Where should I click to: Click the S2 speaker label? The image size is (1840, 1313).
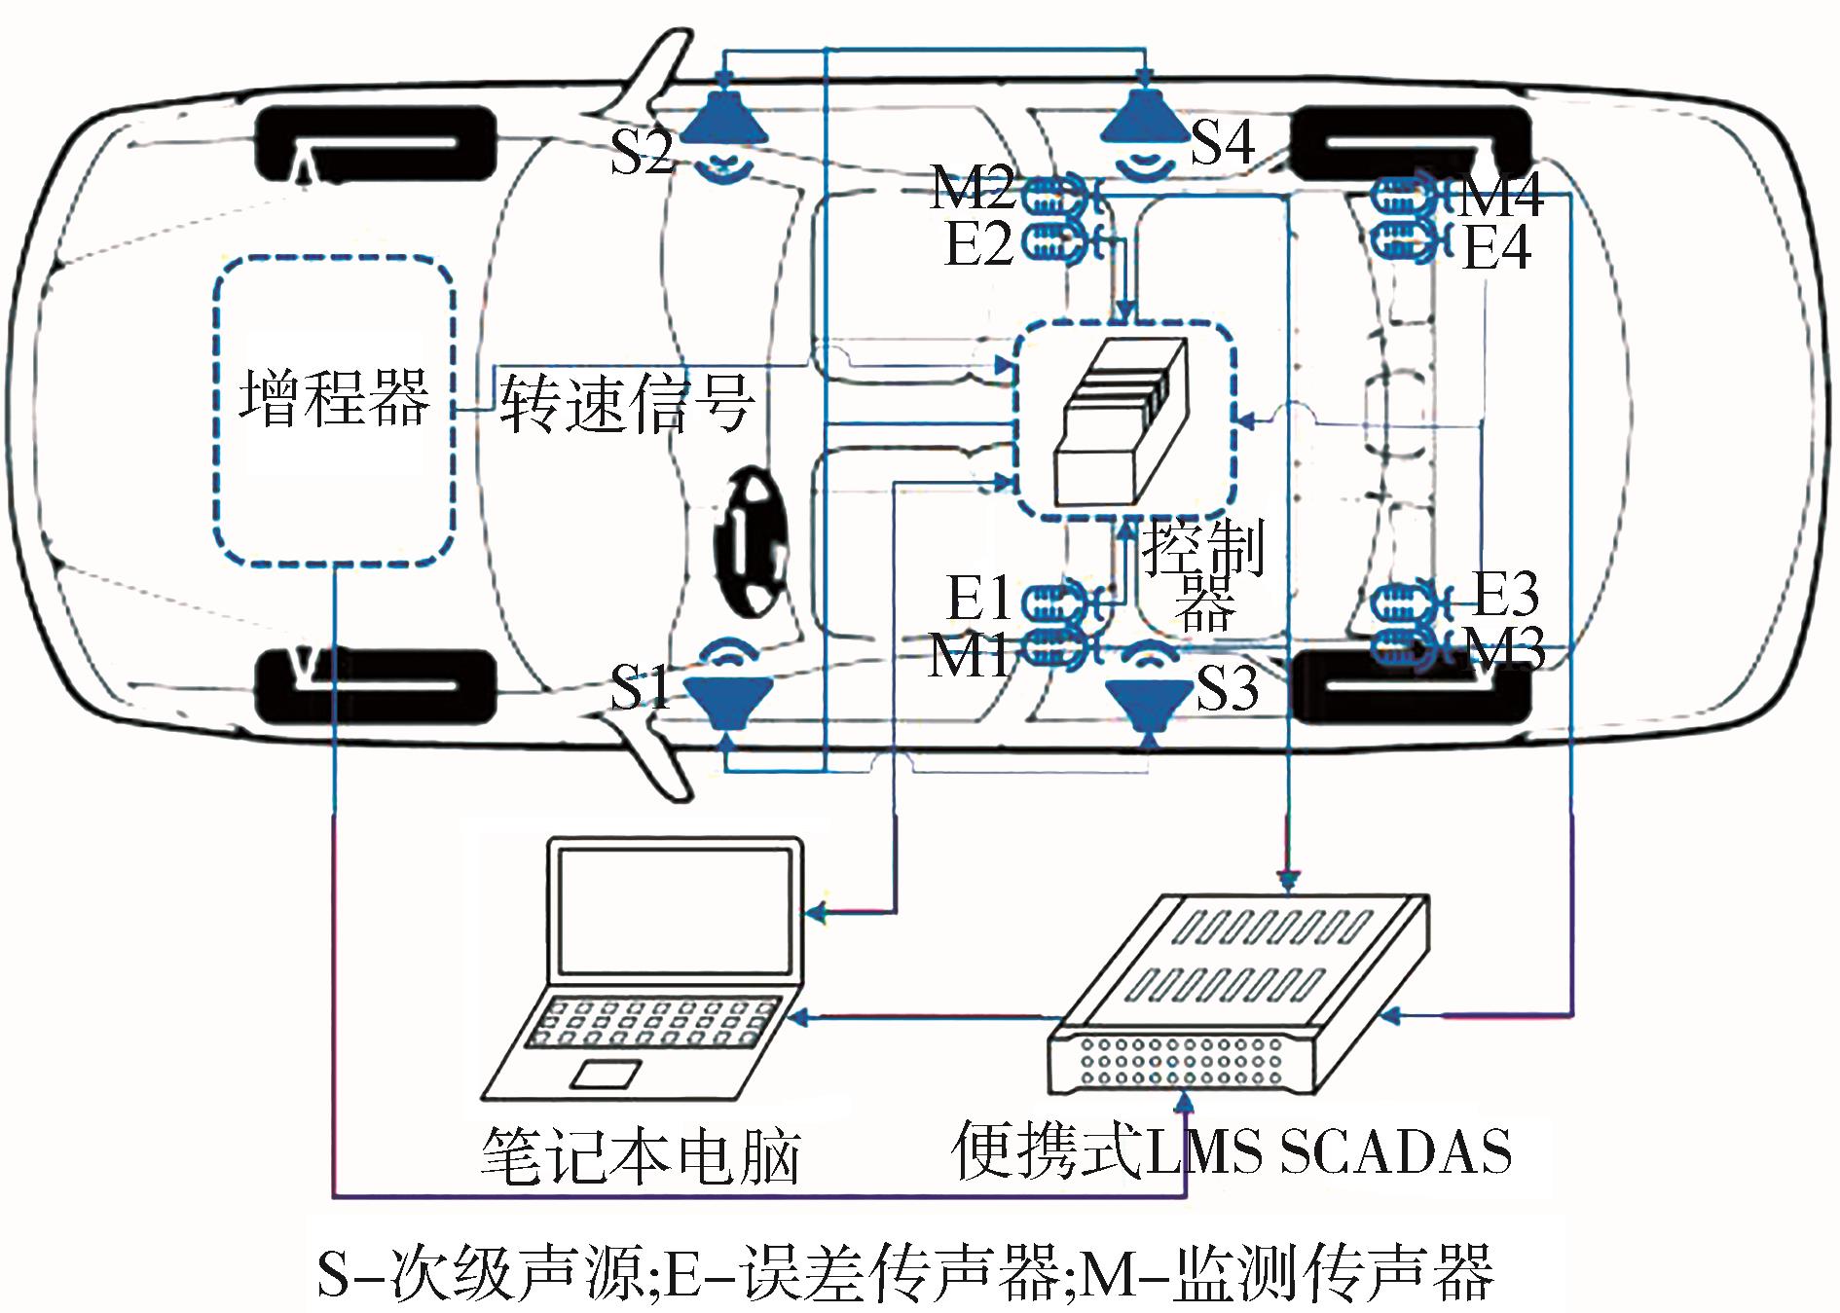(641, 152)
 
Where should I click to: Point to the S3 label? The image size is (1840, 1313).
(1227, 688)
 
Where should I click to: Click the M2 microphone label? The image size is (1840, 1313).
(972, 187)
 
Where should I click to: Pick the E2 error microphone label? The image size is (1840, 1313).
(978, 243)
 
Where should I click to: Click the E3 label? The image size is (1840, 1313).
(1505, 593)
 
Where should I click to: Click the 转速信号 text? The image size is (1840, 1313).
(626, 404)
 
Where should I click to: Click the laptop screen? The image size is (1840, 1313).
(674, 912)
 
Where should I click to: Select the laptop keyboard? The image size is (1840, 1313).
(649, 1024)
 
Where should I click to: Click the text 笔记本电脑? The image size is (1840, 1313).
(640, 1156)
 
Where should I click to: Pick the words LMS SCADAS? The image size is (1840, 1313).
(1330, 1152)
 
